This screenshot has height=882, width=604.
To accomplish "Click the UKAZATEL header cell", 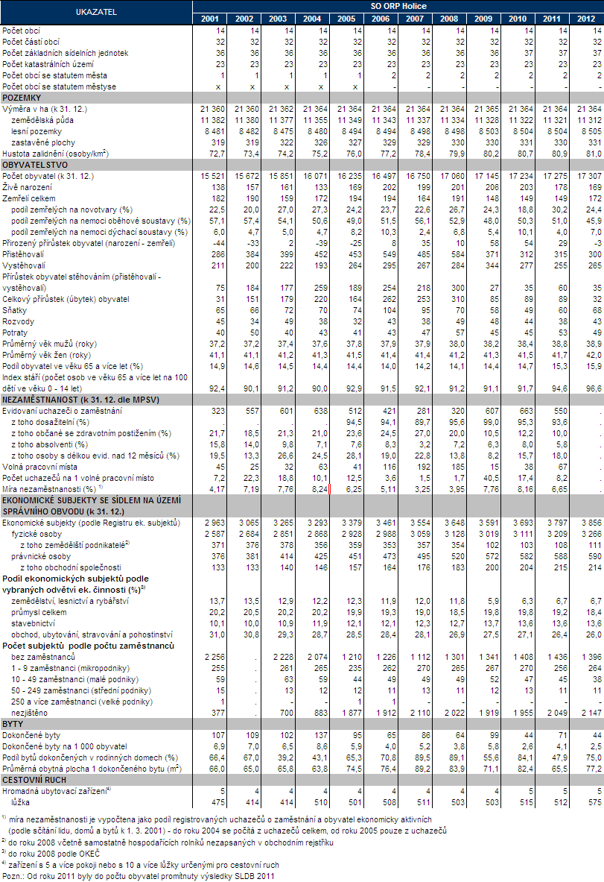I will tap(95, 12).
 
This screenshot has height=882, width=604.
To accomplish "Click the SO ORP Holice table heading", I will tap(398, 6).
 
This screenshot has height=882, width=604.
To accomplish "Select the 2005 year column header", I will tap(346, 18).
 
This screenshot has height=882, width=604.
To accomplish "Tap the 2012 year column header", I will tap(587, 18).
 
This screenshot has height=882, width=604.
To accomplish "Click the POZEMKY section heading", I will tap(22, 98).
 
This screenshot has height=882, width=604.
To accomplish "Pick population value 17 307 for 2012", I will tap(588, 174).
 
